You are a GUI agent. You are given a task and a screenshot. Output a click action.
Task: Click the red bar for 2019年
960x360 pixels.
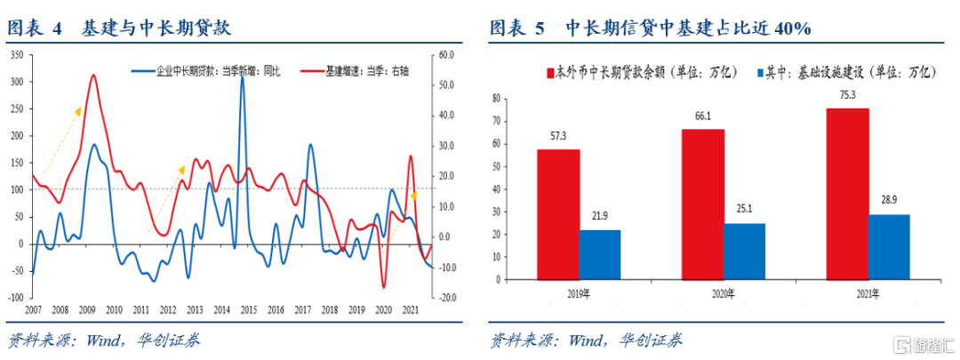[558, 214]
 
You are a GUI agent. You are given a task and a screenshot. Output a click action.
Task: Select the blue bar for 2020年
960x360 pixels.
[744, 251]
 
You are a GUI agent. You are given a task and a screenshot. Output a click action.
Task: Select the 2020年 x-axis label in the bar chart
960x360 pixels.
[723, 293]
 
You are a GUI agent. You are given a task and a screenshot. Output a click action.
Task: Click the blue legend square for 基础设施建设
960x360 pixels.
[760, 71]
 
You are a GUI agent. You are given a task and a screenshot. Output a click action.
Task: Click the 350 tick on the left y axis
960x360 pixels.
[16, 55]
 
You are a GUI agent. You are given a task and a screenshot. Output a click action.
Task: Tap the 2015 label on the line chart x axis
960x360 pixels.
[248, 309]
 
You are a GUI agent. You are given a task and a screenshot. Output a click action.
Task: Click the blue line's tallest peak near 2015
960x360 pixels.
[242, 102]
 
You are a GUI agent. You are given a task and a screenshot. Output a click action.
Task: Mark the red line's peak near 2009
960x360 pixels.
[93, 76]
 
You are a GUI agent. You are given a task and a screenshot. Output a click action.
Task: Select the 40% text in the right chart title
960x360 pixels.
[790, 28]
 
